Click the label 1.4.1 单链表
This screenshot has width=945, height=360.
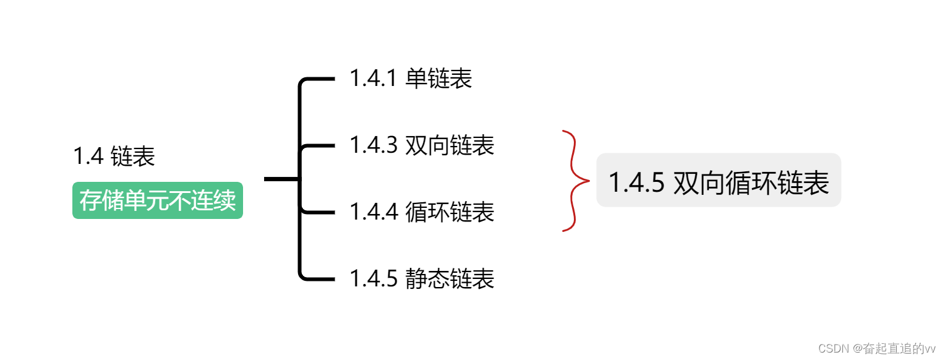point(411,79)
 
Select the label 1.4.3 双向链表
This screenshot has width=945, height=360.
point(422,145)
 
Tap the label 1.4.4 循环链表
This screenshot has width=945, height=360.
point(422,212)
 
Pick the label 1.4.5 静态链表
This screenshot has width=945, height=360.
point(422,279)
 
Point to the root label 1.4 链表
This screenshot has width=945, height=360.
point(114,156)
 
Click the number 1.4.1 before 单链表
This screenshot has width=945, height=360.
point(372,79)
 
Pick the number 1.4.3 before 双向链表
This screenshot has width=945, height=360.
point(372,145)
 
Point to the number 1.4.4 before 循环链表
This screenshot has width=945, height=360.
point(372,212)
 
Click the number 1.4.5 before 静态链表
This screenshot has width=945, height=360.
point(372,279)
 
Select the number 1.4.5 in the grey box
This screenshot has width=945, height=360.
point(637,183)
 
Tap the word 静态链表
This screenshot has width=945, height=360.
point(450,279)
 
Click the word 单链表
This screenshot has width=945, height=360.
point(439,79)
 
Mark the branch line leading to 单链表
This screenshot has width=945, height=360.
point(319,79)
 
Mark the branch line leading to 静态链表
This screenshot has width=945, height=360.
point(319,279)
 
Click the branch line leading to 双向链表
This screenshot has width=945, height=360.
point(319,146)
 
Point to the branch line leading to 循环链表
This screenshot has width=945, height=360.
point(319,212)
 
